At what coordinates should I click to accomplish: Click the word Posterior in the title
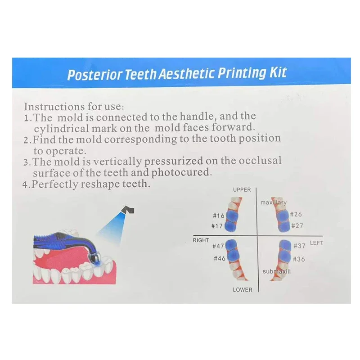click(x=94, y=74)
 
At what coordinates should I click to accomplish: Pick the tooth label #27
click(x=297, y=225)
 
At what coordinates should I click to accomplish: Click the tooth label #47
click(x=218, y=246)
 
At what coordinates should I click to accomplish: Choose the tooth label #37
click(x=299, y=246)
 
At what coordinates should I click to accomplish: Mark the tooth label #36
click(x=298, y=259)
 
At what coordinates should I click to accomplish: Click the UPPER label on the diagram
click(x=242, y=190)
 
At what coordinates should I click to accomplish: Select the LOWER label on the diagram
click(x=243, y=290)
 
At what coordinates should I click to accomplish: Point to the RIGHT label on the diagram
click(x=201, y=240)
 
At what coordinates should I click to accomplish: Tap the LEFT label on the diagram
click(x=317, y=243)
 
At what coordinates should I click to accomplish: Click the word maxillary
click(x=273, y=203)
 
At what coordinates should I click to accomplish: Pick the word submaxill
click(x=277, y=272)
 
